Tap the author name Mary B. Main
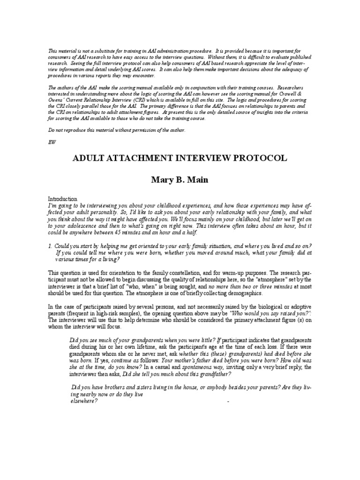point(180,180)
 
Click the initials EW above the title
point(52,142)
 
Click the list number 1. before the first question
point(51,246)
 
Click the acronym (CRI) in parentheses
point(146,100)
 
